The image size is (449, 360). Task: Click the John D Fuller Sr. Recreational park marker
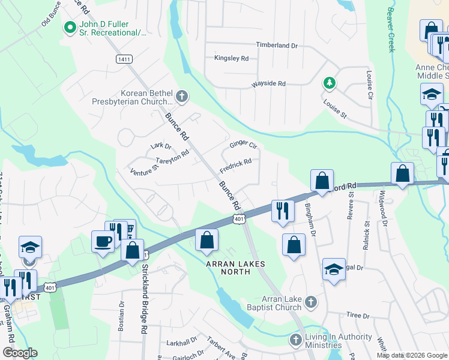pyautogui.click(x=70, y=27)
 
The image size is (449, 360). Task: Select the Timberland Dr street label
pyautogui.click(x=277, y=45)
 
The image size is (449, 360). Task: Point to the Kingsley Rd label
pyautogui.click(x=231, y=58)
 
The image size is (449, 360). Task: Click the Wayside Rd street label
pyautogui.click(x=268, y=83)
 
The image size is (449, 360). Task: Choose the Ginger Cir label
pyautogui.click(x=243, y=145)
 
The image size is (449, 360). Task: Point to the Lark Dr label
pyautogui.click(x=161, y=145)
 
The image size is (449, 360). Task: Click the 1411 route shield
pyautogui.click(x=124, y=58)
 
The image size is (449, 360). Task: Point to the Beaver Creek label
pyautogui.click(x=391, y=30)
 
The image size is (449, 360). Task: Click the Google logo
pyautogui.click(x=20, y=353)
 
